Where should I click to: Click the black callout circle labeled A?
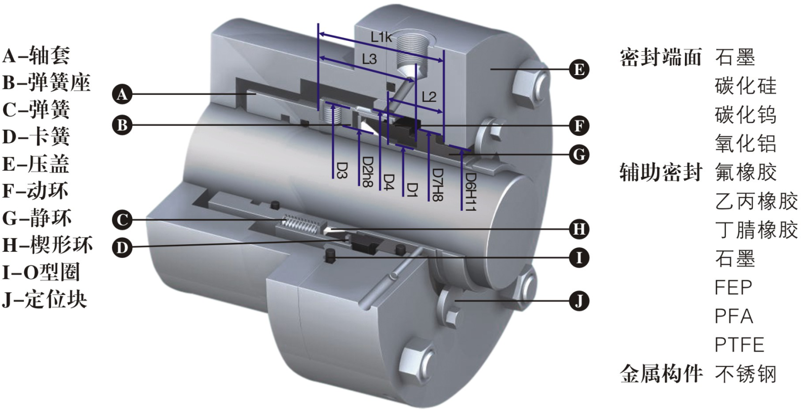(x=122, y=94)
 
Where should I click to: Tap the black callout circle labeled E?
(x=579, y=69)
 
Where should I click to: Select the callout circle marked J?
(x=579, y=301)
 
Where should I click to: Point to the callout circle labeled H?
(x=579, y=229)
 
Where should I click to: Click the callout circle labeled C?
(x=122, y=220)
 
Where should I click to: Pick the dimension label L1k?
(x=381, y=37)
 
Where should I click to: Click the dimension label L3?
(x=369, y=59)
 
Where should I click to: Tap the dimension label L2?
(x=429, y=96)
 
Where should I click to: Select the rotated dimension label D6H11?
(x=471, y=192)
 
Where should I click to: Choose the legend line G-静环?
(x=37, y=218)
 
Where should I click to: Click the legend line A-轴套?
(x=36, y=55)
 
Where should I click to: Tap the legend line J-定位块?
(x=45, y=299)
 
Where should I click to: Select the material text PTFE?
(x=739, y=345)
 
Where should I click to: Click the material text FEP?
(x=733, y=288)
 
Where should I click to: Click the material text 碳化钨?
(x=745, y=115)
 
